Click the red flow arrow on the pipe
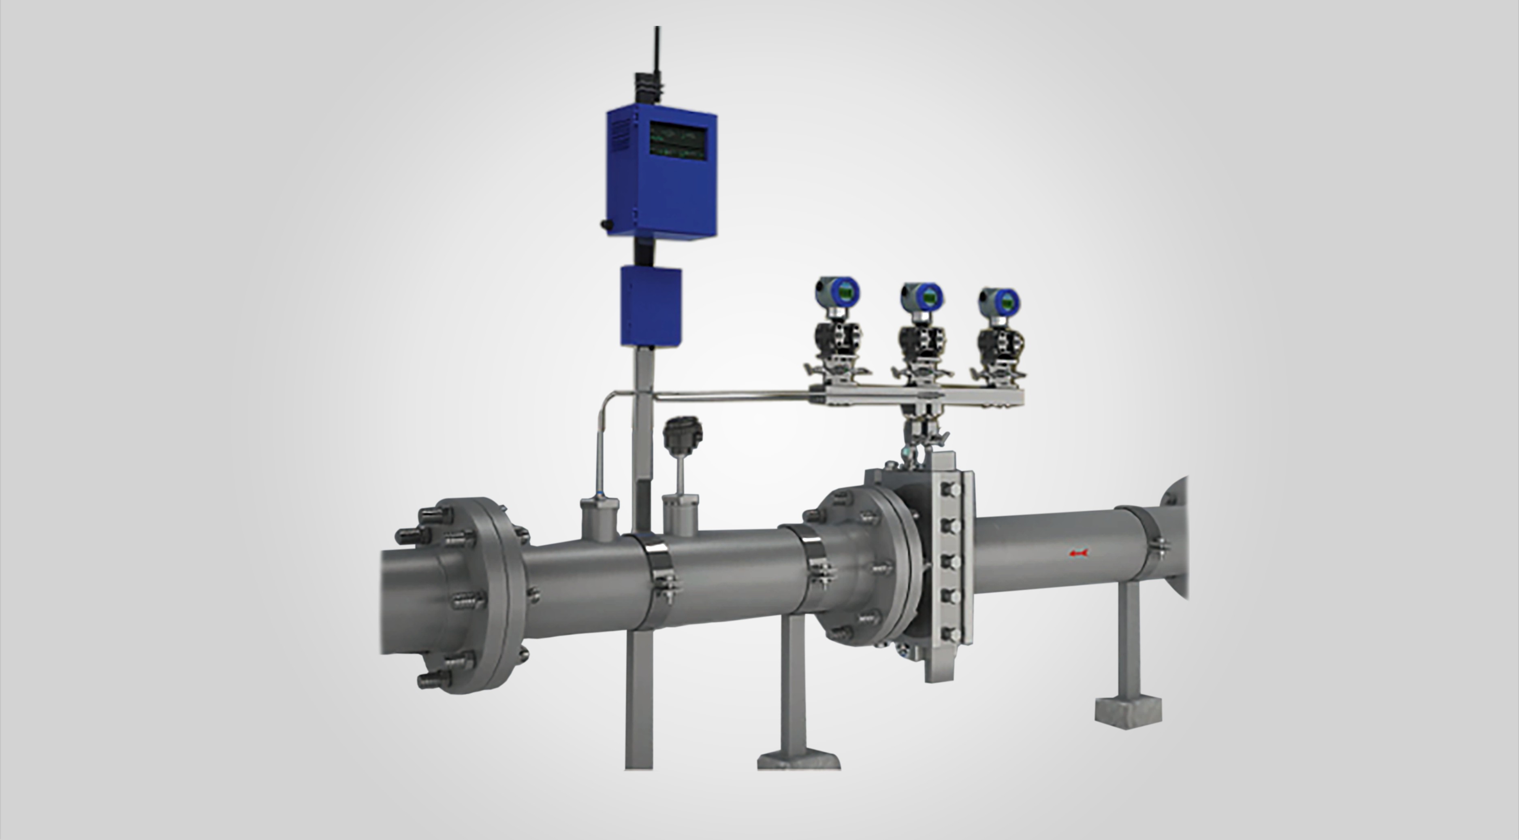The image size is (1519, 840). (1079, 553)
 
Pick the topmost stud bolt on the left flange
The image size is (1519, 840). (435, 516)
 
